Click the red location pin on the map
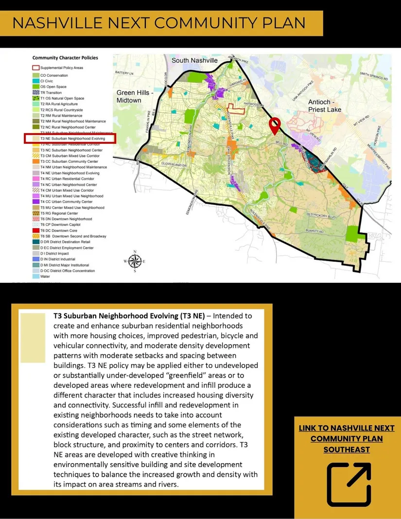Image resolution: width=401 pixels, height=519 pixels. [275, 125]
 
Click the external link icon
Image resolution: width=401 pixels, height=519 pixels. [349, 484]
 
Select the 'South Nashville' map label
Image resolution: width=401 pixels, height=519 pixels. [194, 60]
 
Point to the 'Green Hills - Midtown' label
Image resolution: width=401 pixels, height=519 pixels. [129, 96]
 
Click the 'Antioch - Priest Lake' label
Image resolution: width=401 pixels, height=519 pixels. [325, 106]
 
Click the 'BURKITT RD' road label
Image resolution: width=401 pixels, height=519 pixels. [314, 231]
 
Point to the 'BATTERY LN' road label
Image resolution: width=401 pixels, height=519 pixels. [124, 73]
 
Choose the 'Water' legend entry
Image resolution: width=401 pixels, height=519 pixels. [45, 277]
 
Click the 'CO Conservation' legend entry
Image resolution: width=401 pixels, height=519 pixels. [54, 75]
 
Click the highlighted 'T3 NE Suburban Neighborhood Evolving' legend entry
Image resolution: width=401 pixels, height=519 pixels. [71, 138]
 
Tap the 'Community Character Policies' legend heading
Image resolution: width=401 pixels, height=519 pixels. [65, 58]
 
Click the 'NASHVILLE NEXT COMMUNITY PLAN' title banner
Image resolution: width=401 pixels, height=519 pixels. [160, 23]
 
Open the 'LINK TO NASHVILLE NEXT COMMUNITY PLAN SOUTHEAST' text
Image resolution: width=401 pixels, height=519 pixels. [347, 439]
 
